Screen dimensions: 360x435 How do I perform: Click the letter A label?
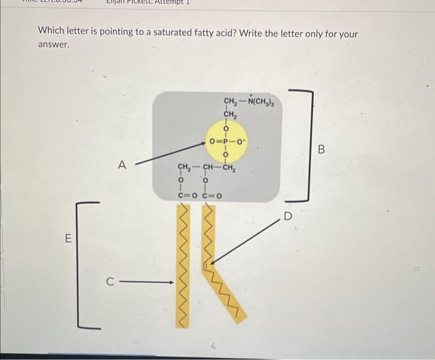pyautogui.click(x=122, y=165)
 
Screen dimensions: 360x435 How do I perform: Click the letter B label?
pyautogui.click(x=321, y=149)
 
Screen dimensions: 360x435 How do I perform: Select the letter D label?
pyautogui.click(x=288, y=217)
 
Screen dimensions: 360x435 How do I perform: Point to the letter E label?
pyautogui.click(x=68, y=238)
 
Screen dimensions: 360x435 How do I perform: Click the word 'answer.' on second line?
pyautogui.click(x=53, y=45)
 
